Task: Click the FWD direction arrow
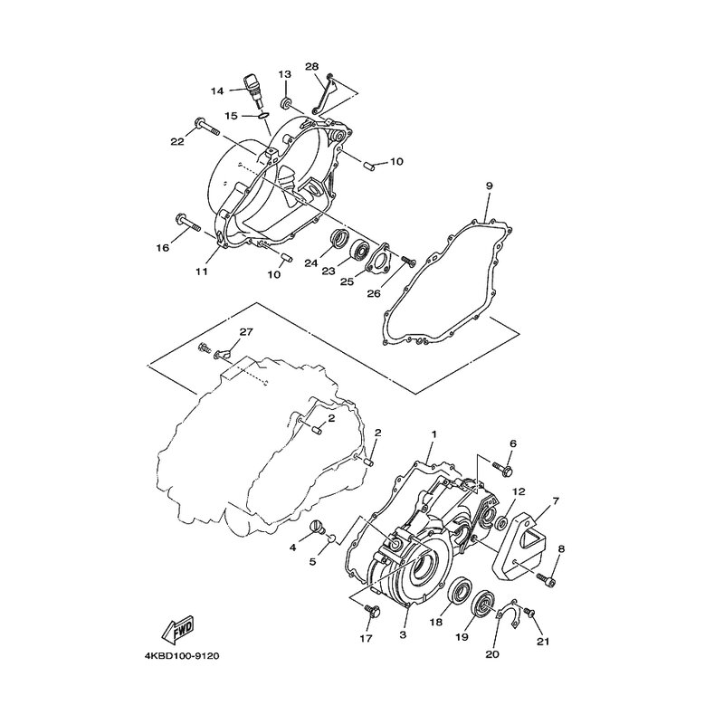click(176, 629)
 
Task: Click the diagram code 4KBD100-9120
click(182, 656)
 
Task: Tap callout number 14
click(217, 91)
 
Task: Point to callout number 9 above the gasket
click(489, 186)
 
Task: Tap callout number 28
click(312, 66)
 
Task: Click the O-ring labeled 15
click(262, 116)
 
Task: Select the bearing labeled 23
click(360, 251)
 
